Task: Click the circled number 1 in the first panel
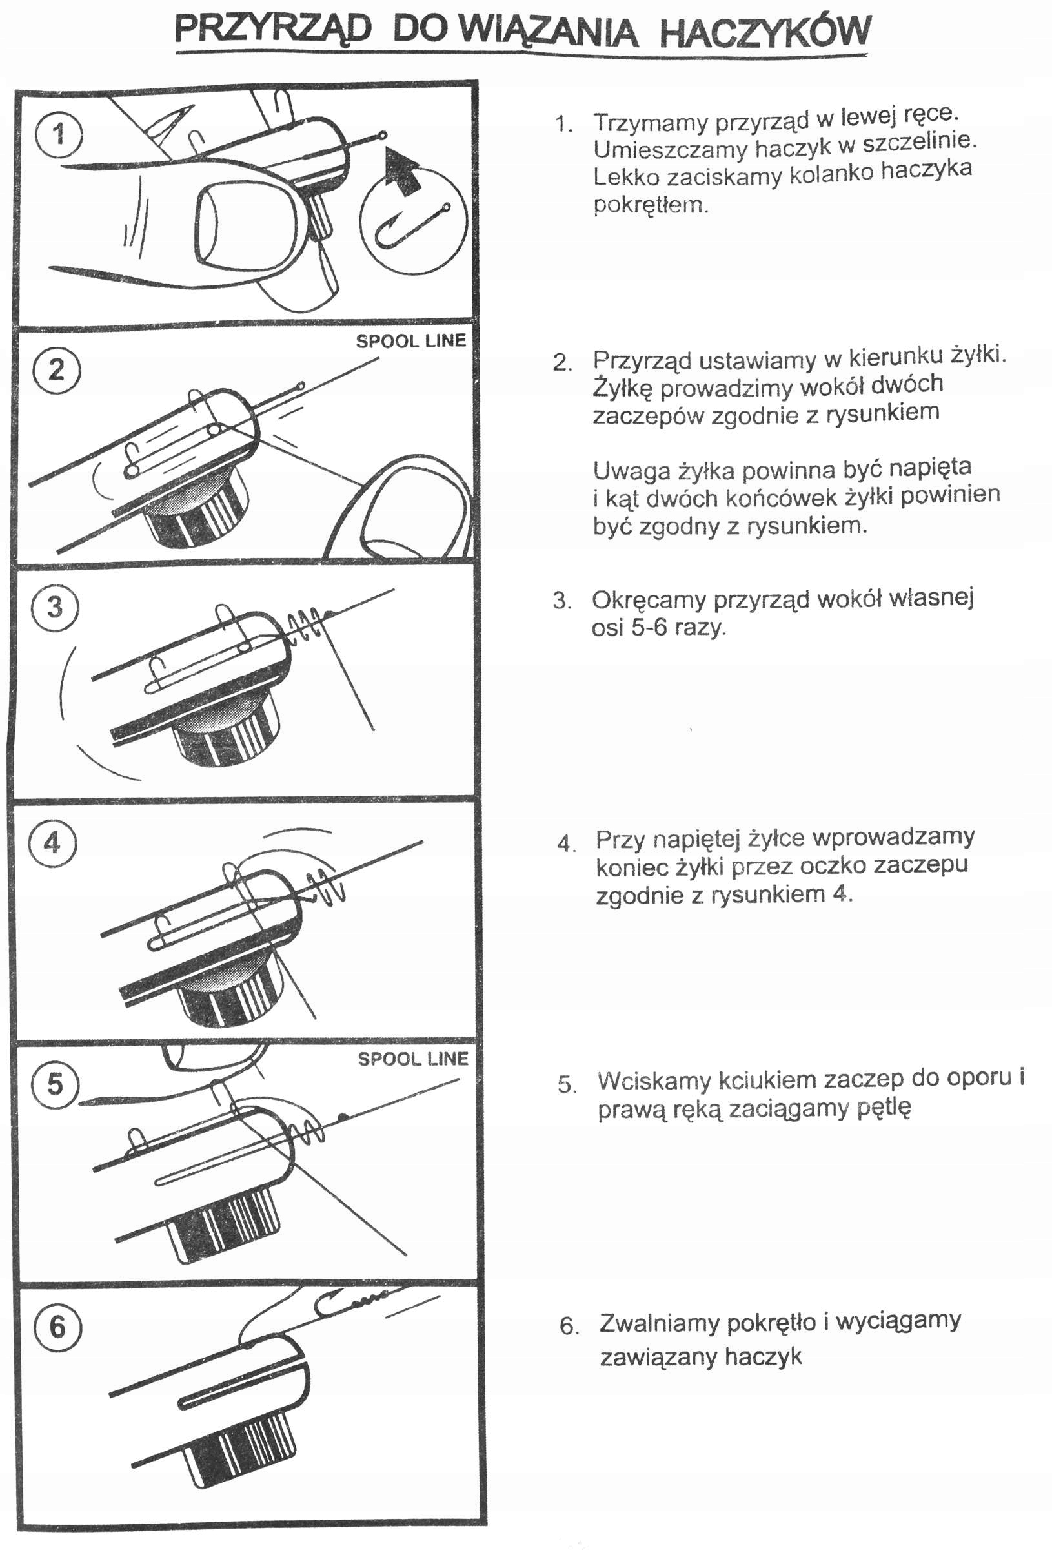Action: (59, 134)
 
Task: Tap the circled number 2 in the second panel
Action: (57, 369)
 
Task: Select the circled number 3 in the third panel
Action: (56, 607)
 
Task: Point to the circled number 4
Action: (53, 843)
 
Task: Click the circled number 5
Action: (56, 1083)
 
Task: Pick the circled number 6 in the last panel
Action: (57, 1326)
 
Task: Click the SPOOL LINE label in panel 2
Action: (410, 341)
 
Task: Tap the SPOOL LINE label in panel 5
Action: (412, 1059)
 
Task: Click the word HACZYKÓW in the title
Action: (765, 32)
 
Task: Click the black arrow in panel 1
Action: (403, 170)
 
